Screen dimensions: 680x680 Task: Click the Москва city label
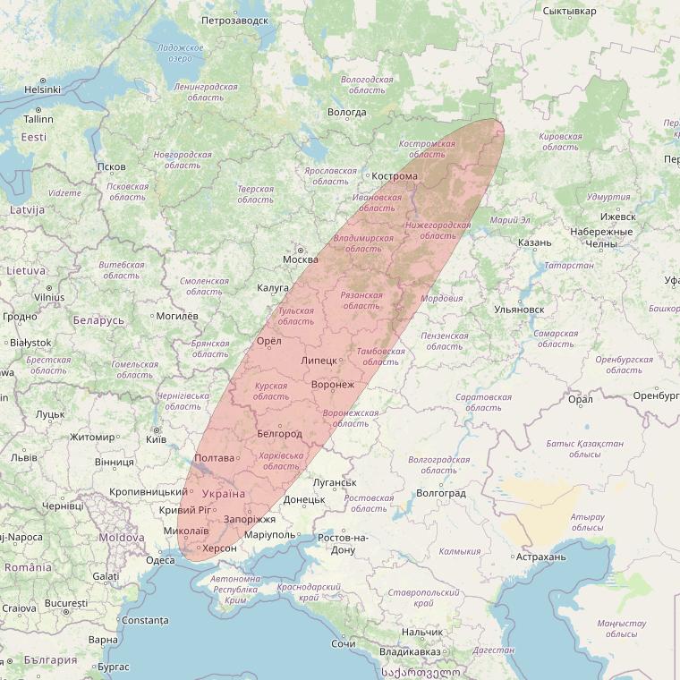pyautogui.click(x=300, y=259)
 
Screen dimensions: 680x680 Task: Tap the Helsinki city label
pyautogui.click(x=42, y=89)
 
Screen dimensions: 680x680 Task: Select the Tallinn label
pyautogui.click(x=38, y=119)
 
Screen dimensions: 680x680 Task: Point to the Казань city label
pyautogui.click(x=534, y=242)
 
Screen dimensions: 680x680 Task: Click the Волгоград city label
pyautogui.click(x=441, y=493)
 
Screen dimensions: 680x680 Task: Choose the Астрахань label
pyautogui.click(x=541, y=557)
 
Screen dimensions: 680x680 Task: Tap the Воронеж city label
pyautogui.click(x=332, y=385)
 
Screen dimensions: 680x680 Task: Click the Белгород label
pyautogui.click(x=278, y=434)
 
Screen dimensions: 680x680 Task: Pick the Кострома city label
pyautogui.click(x=395, y=176)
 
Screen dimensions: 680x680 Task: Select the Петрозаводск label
pyautogui.click(x=234, y=20)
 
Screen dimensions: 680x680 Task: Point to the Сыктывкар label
pyautogui.click(x=569, y=11)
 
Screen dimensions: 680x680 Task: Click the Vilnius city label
pyautogui.click(x=49, y=297)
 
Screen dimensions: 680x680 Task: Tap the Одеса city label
pyautogui.click(x=160, y=560)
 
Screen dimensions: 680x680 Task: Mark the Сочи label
pyautogui.click(x=343, y=643)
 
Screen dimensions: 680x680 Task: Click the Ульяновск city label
pyautogui.click(x=518, y=310)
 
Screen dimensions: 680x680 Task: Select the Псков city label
pyautogui.click(x=112, y=166)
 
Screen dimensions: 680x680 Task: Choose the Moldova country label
pyautogui.click(x=122, y=538)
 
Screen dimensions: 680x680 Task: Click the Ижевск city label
pyautogui.click(x=617, y=217)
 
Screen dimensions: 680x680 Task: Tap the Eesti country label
pyautogui.click(x=34, y=137)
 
